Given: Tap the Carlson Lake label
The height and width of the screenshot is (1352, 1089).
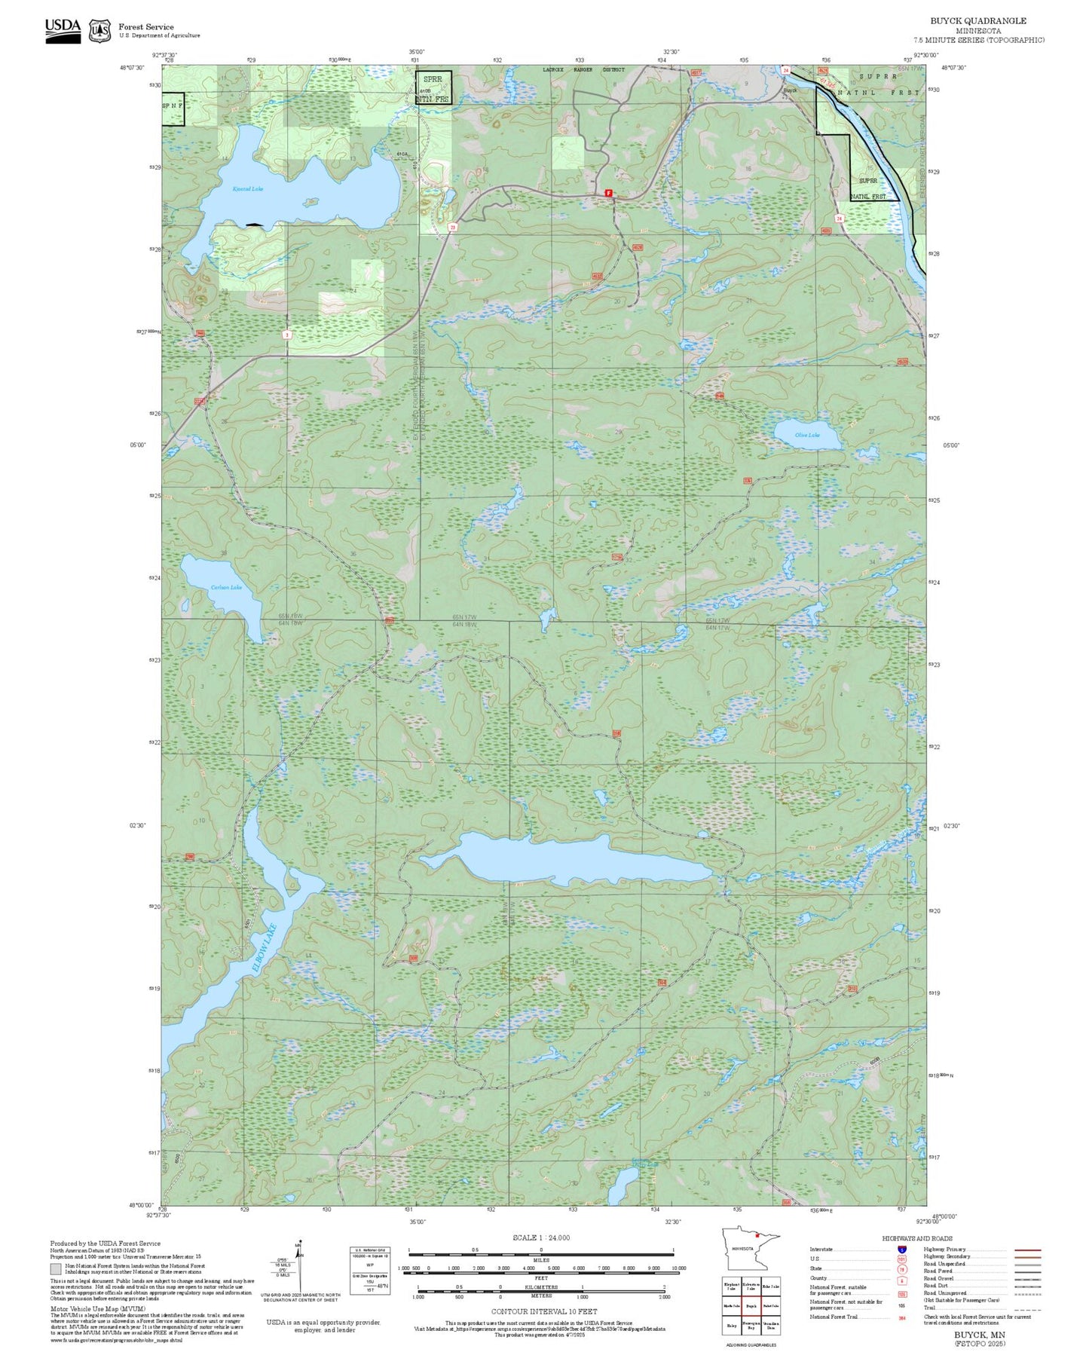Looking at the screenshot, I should (226, 587).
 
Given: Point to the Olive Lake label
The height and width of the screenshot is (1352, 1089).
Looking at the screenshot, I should (807, 435).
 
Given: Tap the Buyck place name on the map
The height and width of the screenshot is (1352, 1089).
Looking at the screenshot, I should (790, 90).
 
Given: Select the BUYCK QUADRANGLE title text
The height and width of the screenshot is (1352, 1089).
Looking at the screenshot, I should (978, 20).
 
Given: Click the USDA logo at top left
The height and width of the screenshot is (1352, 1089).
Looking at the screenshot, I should (63, 29).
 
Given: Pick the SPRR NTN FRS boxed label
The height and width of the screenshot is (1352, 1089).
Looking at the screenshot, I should (434, 87).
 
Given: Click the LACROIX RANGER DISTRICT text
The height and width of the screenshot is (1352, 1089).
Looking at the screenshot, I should (583, 69).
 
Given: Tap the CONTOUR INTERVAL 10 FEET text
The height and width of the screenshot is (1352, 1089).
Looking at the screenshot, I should (543, 1311).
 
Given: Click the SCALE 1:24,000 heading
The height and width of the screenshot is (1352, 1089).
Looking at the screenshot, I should (541, 1237).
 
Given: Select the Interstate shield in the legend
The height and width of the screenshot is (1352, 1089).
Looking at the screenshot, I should (902, 1250).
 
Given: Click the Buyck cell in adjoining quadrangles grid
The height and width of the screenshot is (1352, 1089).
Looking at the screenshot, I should (751, 1305).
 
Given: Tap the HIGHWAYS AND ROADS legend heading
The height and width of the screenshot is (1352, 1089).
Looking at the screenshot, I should (917, 1238).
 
